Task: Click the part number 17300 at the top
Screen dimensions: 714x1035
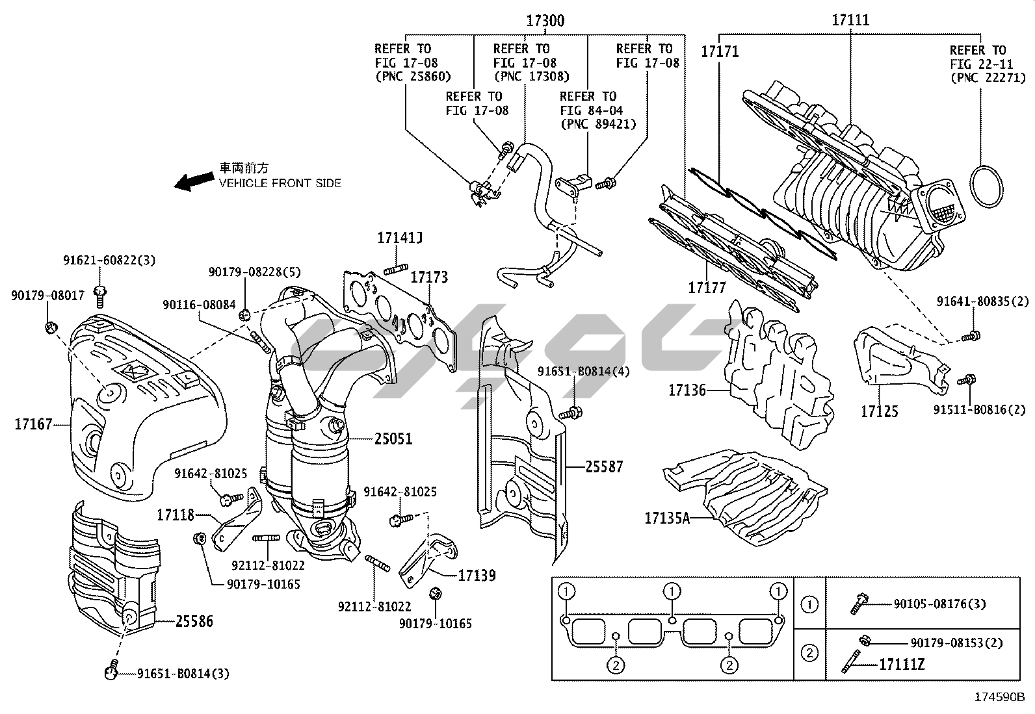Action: [545, 21]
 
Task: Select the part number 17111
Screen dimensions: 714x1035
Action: [850, 20]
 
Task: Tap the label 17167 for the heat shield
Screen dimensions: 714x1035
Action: [33, 425]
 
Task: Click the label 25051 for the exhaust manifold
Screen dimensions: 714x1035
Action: [393, 439]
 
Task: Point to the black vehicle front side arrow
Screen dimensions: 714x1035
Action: [194, 181]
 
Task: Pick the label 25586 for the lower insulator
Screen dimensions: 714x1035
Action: [194, 622]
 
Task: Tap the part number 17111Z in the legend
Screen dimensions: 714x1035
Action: [901, 664]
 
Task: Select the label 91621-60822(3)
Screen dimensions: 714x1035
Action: [109, 261]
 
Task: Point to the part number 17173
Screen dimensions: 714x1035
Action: [429, 277]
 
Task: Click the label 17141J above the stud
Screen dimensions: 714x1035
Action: [399, 238]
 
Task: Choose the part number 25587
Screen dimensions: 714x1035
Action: [604, 466]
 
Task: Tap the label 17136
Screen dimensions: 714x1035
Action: [687, 390]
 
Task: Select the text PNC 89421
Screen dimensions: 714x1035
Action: [598, 124]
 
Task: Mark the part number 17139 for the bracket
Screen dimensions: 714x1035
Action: [477, 575]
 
